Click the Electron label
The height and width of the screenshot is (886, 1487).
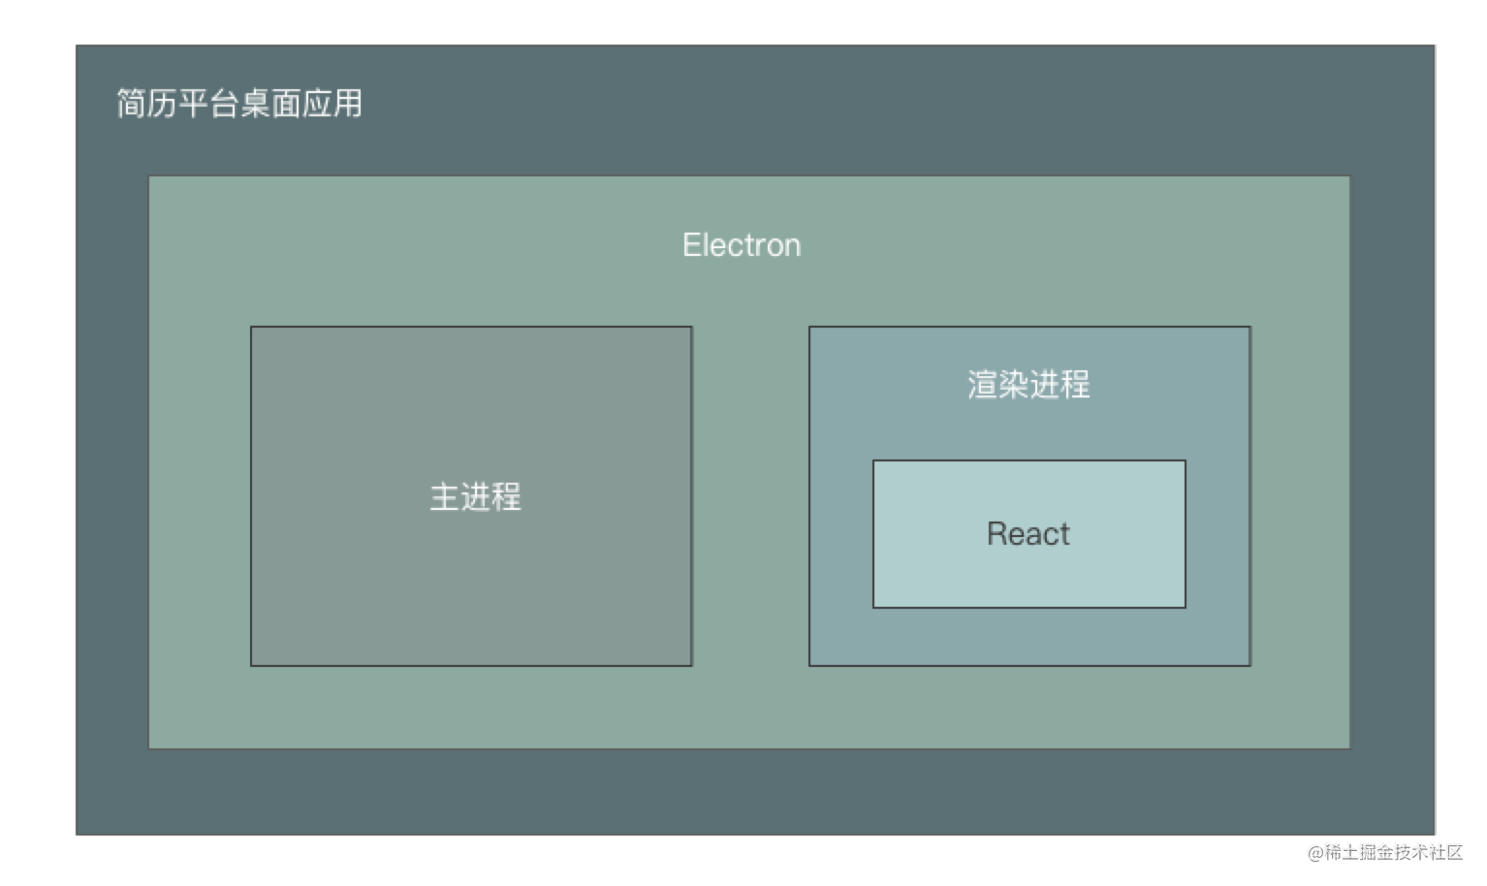742,245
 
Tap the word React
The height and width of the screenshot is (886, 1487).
1028,533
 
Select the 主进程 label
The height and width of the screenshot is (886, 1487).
475,496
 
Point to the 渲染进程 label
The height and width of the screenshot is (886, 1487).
1028,384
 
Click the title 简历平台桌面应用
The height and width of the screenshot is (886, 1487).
239,104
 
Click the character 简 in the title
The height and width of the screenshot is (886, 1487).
132,104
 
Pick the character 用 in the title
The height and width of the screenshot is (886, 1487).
348,104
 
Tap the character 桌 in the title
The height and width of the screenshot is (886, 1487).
255,104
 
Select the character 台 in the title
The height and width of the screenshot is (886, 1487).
224,104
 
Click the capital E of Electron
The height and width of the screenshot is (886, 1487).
692,245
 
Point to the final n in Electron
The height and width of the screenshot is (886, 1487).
792,248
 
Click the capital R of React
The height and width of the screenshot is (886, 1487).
997,533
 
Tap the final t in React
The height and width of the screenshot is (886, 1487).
1064,535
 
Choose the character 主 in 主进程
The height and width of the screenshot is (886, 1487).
444,496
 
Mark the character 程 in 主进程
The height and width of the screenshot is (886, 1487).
507,496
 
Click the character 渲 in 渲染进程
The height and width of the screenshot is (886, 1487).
982,384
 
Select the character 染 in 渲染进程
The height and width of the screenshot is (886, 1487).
1013,384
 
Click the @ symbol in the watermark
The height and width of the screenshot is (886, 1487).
1315,853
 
